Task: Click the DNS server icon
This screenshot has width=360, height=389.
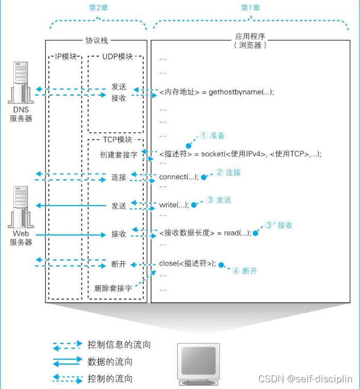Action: click(x=20, y=85)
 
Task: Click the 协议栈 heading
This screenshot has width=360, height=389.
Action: click(x=96, y=40)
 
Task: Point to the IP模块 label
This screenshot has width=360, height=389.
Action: click(x=66, y=56)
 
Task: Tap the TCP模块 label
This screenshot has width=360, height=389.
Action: click(x=114, y=139)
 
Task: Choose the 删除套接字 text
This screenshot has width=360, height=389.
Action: click(x=113, y=288)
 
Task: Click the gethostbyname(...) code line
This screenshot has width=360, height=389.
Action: click(x=216, y=92)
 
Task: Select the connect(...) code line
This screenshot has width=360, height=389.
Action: click(x=179, y=177)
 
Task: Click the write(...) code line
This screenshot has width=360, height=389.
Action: click(x=174, y=205)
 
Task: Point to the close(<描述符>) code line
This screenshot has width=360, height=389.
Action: click(x=187, y=263)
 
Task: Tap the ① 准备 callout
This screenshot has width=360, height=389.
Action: click(x=212, y=135)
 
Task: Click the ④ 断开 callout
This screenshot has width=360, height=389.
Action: click(x=244, y=270)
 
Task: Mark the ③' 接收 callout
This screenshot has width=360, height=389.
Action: click(x=279, y=225)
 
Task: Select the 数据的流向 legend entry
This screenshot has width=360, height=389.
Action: click(x=110, y=362)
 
